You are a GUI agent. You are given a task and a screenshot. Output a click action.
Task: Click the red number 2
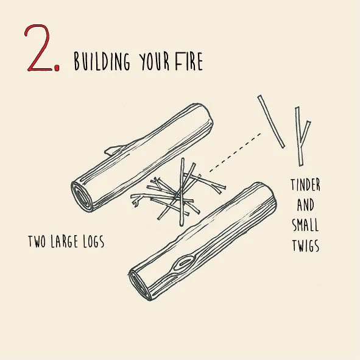(x=39, y=48)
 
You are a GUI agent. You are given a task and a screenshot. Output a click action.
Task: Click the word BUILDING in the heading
(x=102, y=62)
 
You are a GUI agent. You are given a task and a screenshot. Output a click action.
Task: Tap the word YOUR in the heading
(x=154, y=62)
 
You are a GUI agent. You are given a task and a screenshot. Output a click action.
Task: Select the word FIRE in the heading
(x=189, y=61)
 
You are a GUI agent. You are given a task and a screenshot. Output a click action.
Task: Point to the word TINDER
(x=305, y=185)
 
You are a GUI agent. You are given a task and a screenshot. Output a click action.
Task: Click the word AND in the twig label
(x=305, y=205)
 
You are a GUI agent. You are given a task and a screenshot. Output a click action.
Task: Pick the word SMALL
(x=305, y=225)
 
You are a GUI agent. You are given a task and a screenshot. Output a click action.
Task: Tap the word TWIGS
(x=306, y=245)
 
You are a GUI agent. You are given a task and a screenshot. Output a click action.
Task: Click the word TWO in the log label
(x=37, y=242)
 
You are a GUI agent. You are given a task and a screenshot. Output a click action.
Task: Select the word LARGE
(x=65, y=242)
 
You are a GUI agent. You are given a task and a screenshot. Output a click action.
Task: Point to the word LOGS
(x=94, y=242)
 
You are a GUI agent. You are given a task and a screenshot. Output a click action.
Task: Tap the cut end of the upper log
(x=81, y=196)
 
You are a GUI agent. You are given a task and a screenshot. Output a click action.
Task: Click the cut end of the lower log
(x=139, y=285)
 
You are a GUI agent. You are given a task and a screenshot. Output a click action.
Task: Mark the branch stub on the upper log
(x=115, y=150)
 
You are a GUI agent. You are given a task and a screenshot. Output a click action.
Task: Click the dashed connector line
(x=235, y=152)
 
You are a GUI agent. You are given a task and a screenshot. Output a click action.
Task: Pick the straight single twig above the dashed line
(x=271, y=121)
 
